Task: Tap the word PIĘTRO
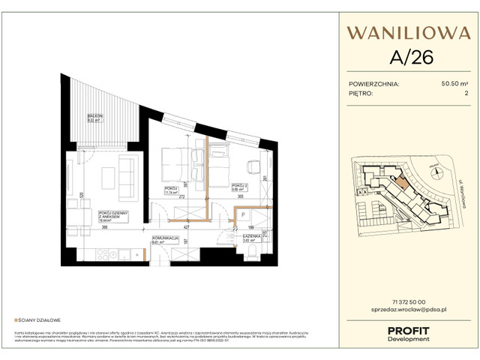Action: click(362, 94)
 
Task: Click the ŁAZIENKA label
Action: click(250, 237)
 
